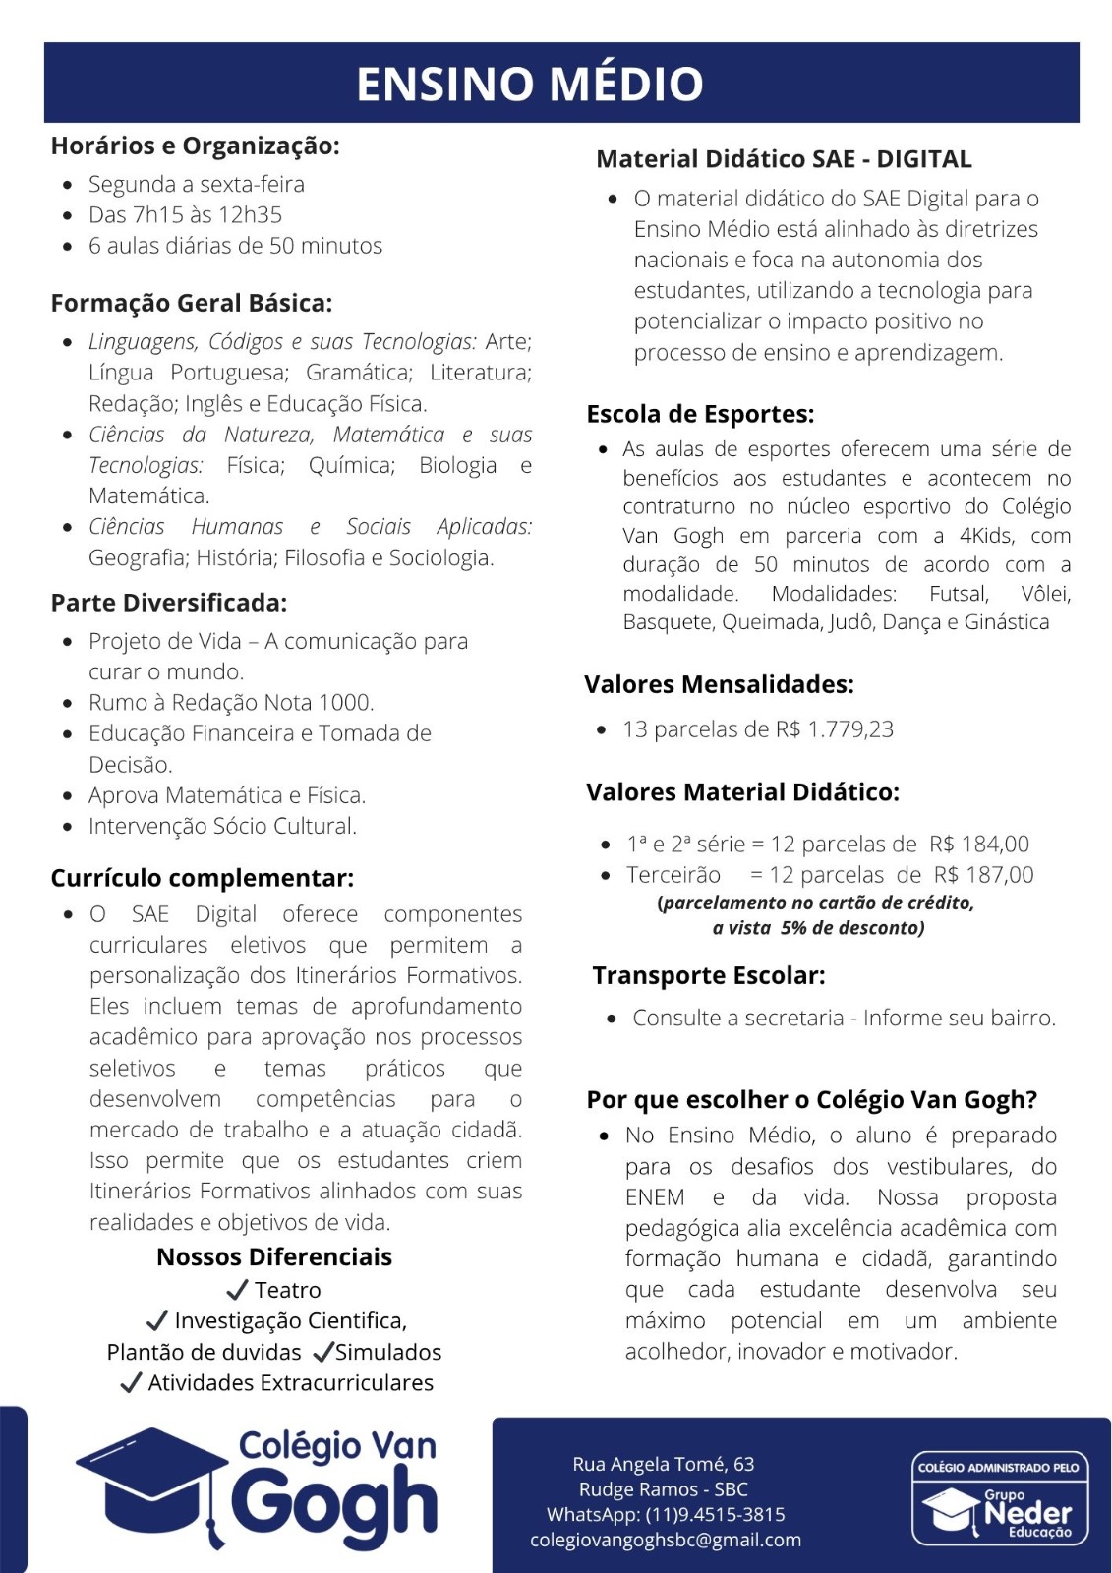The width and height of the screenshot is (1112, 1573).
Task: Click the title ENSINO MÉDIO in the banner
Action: [x=530, y=84]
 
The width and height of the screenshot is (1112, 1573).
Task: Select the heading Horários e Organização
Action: [x=195, y=146]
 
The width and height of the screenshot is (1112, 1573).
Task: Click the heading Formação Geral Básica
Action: [x=192, y=303]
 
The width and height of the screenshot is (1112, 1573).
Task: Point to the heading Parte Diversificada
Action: [x=169, y=603]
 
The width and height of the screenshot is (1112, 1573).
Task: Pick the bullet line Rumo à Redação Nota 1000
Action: [x=231, y=703]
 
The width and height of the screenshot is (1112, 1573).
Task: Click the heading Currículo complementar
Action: [x=202, y=878]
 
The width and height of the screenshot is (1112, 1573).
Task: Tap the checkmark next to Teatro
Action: [x=237, y=1289]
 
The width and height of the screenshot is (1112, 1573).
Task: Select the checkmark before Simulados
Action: [x=322, y=1352]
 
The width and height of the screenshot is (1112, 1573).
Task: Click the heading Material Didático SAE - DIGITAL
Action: [x=784, y=159]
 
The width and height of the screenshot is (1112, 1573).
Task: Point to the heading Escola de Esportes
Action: [x=700, y=414]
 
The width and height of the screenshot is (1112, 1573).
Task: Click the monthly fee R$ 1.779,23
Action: [x=835, y=729]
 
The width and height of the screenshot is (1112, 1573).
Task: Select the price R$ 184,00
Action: [x=979, y=845]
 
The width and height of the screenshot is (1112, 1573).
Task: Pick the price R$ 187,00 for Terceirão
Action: [x=984, y=875]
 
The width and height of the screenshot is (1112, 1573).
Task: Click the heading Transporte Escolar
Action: [x=709, y=976]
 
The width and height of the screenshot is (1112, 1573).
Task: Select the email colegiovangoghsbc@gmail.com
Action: [x=666, y=1541]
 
